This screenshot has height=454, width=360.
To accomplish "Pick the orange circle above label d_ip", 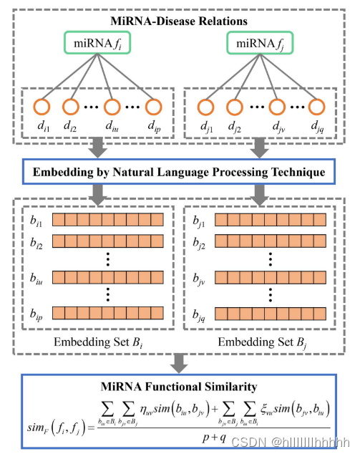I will pos(155,107).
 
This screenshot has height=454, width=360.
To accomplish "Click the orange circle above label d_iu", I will pos(112,107).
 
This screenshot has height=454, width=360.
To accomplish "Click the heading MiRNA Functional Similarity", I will pos(180,387).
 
